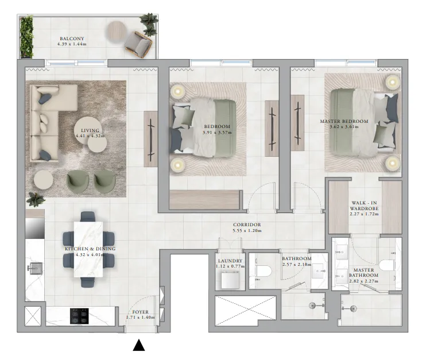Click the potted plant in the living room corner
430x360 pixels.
pos(36,200)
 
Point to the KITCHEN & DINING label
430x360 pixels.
pos(90,249)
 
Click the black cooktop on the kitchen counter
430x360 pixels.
pos(79,316)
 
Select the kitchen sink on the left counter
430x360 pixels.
pos(36,268)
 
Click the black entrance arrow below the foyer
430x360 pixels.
pos(139,345)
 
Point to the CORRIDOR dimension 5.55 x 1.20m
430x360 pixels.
pos(247,231)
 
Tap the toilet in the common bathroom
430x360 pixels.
pos(264,272)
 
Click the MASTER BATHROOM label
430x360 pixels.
pos(364,274)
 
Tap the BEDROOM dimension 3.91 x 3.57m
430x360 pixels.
pos(216,133)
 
